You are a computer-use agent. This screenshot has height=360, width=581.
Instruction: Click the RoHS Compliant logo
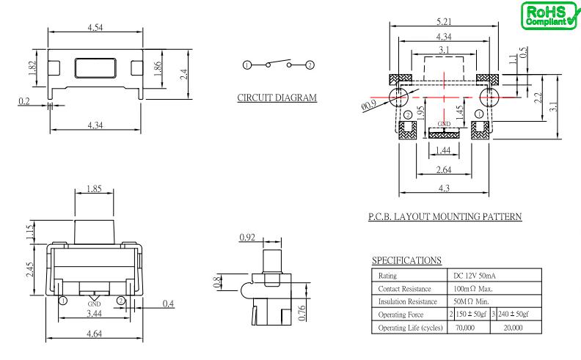(x=547, y=15)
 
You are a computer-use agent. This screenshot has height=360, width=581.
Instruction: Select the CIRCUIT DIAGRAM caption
(x=278, y=98)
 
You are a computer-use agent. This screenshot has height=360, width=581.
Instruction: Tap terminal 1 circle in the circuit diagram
(x=246, y=65)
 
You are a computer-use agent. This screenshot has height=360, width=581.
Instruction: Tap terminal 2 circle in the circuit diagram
(x=310, y=65)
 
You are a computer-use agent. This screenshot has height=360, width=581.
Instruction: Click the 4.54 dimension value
(x=95, y=29)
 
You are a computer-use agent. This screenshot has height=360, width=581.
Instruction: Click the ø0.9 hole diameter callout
(x=370, y=105)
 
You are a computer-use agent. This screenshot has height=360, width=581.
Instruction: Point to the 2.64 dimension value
(x=443, y=170)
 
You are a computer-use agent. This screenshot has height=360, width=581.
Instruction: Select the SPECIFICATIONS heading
(x=407, y=260)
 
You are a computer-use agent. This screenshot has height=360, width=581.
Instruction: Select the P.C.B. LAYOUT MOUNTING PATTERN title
(x=442, y=216)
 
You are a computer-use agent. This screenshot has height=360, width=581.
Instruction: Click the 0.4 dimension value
(x=169, y=303)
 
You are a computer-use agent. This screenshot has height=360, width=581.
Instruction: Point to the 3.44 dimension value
(x=95, y=314)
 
